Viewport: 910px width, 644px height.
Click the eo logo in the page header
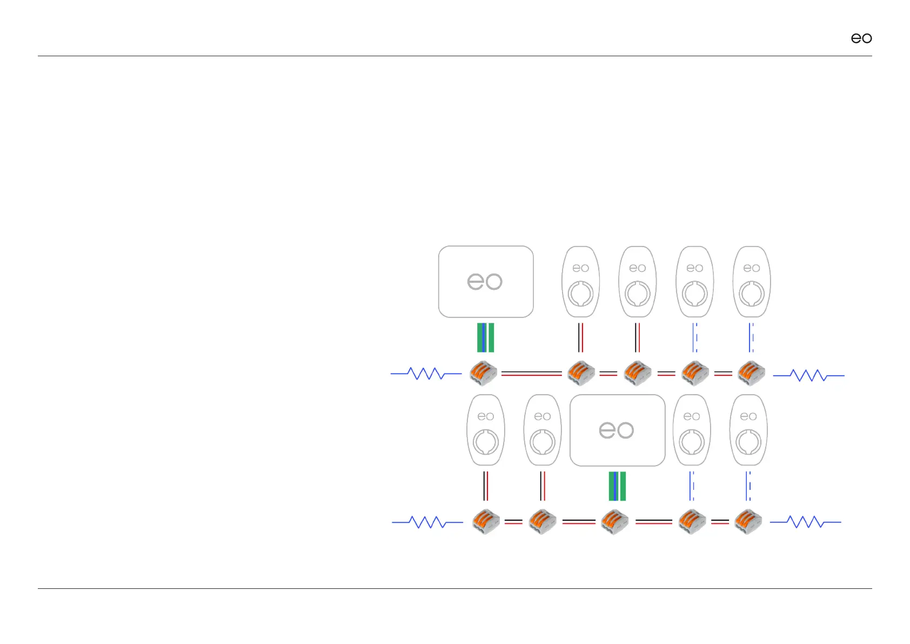[861, 38]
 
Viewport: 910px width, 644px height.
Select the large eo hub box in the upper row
[485, 282]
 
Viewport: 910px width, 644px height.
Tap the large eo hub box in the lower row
[617, 430]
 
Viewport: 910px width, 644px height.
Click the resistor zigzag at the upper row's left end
[426, 374]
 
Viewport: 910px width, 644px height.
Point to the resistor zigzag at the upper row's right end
[808, 375]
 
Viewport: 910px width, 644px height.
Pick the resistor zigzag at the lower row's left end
[427, 522]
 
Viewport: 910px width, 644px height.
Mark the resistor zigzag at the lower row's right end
[805, 522]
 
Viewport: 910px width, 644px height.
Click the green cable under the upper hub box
[485, 337]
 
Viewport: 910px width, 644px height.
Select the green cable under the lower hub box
[617, 486]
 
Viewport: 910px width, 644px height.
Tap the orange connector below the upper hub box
[483, 373]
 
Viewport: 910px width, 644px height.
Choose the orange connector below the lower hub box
[615, 522]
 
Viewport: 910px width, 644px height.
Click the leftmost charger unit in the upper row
[580, 282]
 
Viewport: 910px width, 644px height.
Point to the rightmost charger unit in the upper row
[751, 282]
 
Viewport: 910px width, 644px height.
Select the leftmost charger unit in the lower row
[485, 430]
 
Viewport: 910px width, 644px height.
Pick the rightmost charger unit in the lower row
[748, 430]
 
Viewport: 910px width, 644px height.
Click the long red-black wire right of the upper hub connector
[531, 374]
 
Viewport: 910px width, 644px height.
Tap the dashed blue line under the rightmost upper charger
[751, 337]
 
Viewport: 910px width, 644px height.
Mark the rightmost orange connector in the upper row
[751, 373]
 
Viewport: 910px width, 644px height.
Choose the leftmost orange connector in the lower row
[485, 522]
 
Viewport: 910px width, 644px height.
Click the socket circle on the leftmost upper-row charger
[580, 294]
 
